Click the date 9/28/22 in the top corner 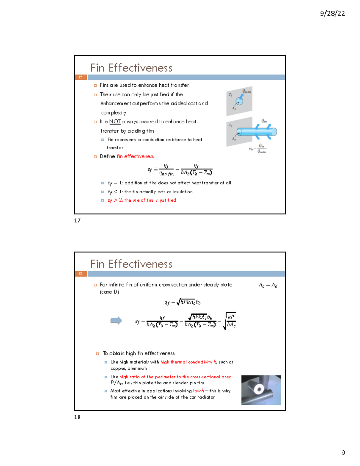332,14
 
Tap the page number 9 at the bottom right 343,453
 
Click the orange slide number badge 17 80,77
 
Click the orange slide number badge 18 80,274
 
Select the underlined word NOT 115,122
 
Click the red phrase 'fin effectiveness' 135,156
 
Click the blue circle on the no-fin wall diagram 239,101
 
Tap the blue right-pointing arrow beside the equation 116,320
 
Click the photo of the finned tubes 261,390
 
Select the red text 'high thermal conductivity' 186,362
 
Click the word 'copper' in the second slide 118,368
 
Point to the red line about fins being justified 142,200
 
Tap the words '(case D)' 109,292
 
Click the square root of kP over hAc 229,321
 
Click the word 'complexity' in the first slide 114,113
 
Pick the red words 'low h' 198,391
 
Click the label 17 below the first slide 77,221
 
